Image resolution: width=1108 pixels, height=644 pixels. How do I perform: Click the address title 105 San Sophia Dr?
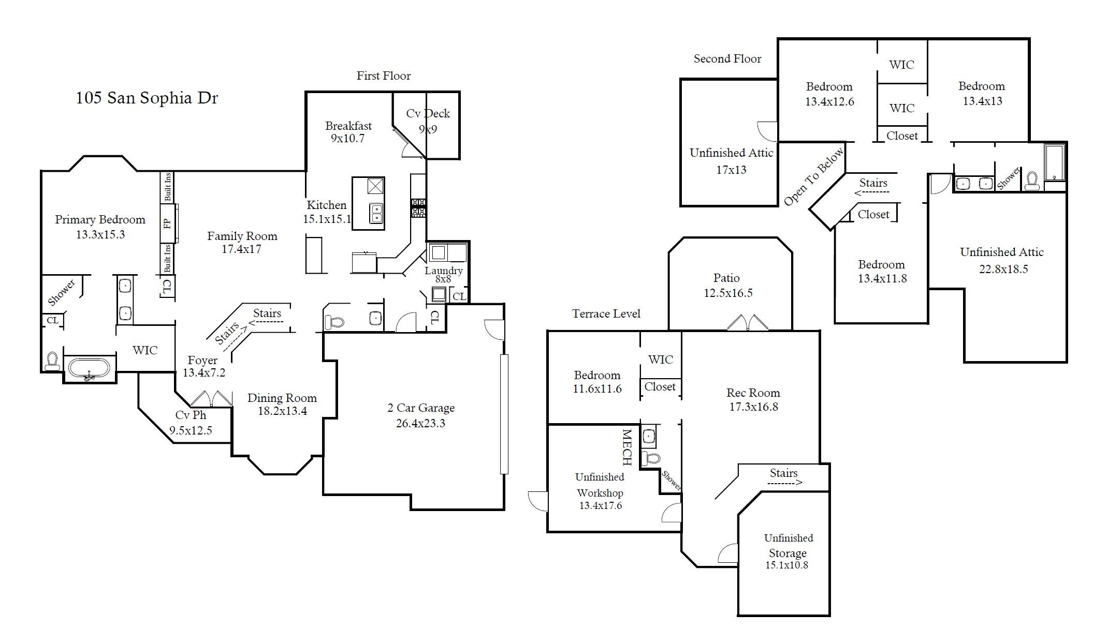point(147,98)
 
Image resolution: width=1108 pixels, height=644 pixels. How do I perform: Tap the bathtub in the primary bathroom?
point(89,368)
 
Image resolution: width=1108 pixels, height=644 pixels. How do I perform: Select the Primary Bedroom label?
point(100,219)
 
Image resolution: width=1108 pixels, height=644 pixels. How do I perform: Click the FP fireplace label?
point(167,224)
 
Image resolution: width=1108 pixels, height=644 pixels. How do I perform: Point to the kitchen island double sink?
point(376,213)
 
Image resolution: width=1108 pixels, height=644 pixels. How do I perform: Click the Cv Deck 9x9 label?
point(428,121)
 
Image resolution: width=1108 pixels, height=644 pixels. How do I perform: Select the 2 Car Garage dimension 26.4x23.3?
point(420,423)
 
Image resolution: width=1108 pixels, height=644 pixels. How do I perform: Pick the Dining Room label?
point(282,398)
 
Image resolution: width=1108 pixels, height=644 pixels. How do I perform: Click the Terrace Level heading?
point(606,313)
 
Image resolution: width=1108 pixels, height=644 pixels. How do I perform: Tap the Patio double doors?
point(747,322)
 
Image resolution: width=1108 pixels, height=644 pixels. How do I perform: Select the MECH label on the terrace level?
point(626,446)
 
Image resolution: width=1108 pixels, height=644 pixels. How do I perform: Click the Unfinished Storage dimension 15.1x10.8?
point(786,565)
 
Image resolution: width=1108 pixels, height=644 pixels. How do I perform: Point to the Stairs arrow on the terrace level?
point(784,483)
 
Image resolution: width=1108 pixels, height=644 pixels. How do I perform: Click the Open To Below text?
point(813,176)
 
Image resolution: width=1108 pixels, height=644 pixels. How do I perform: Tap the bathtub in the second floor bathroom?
point(1054,162)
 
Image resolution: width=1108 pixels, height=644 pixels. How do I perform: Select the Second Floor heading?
point(727,59)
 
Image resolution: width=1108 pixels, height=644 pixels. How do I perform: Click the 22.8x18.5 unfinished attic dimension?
point(1003,269)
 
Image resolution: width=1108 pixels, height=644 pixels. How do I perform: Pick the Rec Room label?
point(753,393)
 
